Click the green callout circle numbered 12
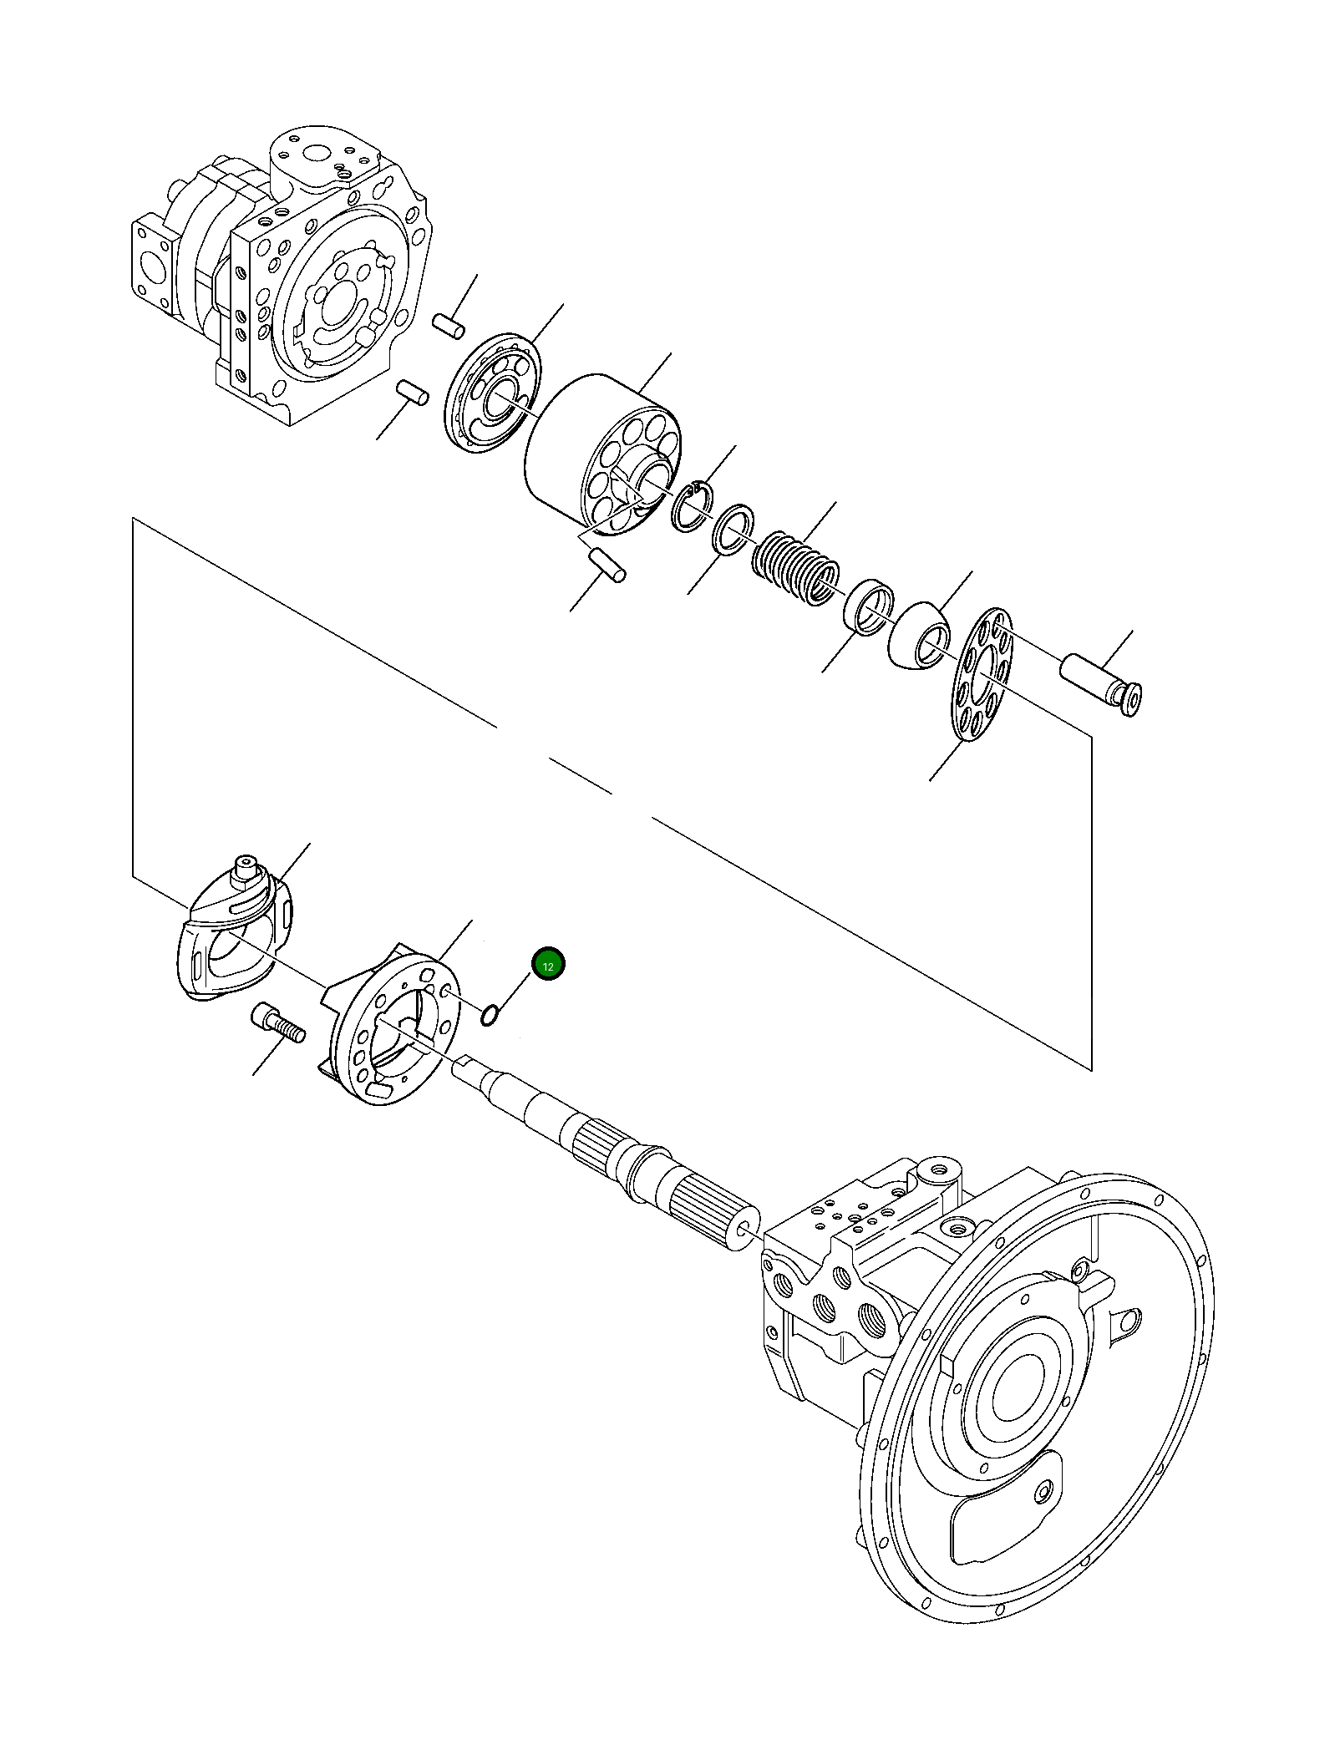point(548,966)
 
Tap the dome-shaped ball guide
point(917,637)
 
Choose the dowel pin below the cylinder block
point(607,565)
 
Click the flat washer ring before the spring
point(733,530)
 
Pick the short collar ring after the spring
point(867,606)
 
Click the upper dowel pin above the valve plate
point(449,326)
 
